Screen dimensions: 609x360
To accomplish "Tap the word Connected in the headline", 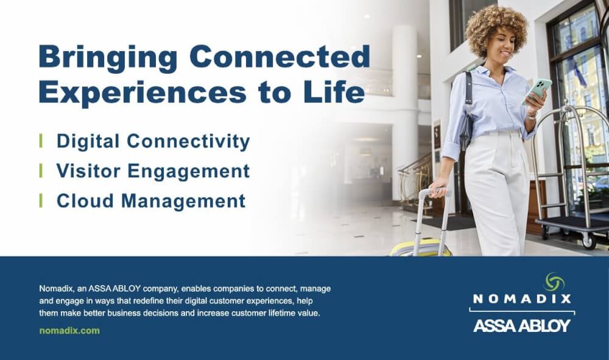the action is [280, 56].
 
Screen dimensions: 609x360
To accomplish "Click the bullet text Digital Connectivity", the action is [153, 141].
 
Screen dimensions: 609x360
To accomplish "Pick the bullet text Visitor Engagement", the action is [153, 171].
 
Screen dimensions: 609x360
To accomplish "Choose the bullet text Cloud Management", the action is [151, 201].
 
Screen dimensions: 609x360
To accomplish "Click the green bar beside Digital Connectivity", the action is [41, 141].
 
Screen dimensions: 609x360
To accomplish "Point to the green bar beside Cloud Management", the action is [41, 200].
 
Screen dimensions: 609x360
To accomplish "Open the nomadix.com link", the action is [69, 331].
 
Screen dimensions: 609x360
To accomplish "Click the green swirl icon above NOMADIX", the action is [554, 281].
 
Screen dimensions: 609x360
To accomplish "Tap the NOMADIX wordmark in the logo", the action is [522, 298].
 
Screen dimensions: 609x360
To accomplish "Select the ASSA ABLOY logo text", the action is [522, 325].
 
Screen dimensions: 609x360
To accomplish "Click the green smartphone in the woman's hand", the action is [537, 91].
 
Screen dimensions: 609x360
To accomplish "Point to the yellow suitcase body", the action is [421, 248].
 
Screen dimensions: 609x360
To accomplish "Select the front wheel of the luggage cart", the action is [588, 242].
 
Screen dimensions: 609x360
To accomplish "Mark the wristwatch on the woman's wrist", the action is [532, 115].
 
